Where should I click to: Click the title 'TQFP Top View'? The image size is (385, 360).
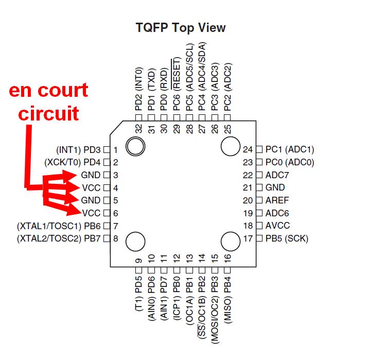click(180, 27)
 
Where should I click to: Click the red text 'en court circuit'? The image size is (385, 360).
click(49, 101)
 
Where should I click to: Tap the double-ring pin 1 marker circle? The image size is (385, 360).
click(136, 146)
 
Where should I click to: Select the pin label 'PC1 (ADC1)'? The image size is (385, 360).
click(289, 149)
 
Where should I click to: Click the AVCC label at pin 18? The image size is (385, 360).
click(278, 226)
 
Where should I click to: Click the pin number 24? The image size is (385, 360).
click(249, 150)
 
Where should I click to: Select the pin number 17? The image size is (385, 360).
click(249, 238)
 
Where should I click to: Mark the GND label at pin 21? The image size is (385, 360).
click(275, 188)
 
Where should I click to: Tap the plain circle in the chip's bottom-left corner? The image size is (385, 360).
click(136, 241)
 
